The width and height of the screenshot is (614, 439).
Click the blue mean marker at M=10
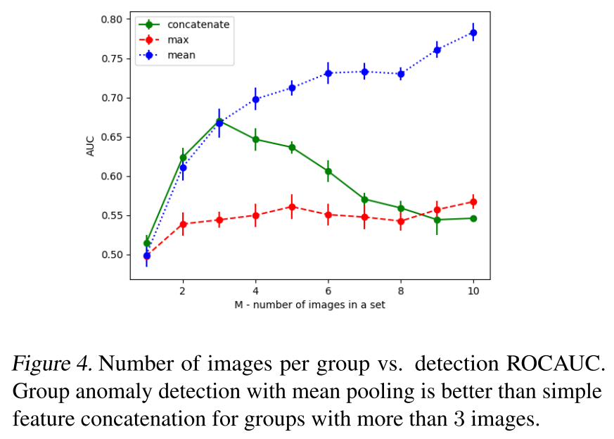click(473, 32)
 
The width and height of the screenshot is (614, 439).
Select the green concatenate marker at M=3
click(219, 121)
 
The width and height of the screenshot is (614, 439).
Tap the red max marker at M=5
click(292, 207)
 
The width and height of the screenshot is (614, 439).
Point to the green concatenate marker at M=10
click(473, 218)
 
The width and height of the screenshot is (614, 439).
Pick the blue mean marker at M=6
click(328, 73)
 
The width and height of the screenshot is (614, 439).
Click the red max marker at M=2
click(183, 224)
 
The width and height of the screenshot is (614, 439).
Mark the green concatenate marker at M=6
click(328, 171)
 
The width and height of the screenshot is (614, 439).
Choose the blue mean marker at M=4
click(256, 100)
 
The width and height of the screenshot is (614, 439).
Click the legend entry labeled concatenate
click(199, 25)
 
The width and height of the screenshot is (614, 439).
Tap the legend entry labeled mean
click(181, 54)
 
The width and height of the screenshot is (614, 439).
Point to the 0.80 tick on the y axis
click(111, 19)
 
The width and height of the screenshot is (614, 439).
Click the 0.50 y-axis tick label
click(111, 255)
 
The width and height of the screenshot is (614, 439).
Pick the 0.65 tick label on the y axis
click(111, 137)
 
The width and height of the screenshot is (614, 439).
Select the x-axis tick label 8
click(401, 291)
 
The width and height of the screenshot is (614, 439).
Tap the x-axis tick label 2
click(183, 291)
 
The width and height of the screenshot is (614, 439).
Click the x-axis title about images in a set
click(309, 305)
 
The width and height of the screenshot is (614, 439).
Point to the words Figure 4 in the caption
click(52, 364)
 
